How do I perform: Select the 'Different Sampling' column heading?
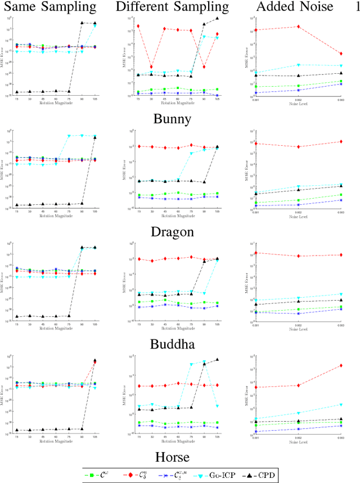coord(172,7)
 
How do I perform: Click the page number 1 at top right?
coord(356,7)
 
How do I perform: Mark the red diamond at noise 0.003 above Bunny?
coord(341,53)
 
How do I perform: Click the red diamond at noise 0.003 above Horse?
coord(341,365)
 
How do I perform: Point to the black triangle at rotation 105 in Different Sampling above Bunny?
coord(218,18)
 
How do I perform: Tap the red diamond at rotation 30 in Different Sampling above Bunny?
coord(152,66)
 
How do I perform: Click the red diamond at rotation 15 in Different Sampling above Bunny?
coord(138,26)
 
